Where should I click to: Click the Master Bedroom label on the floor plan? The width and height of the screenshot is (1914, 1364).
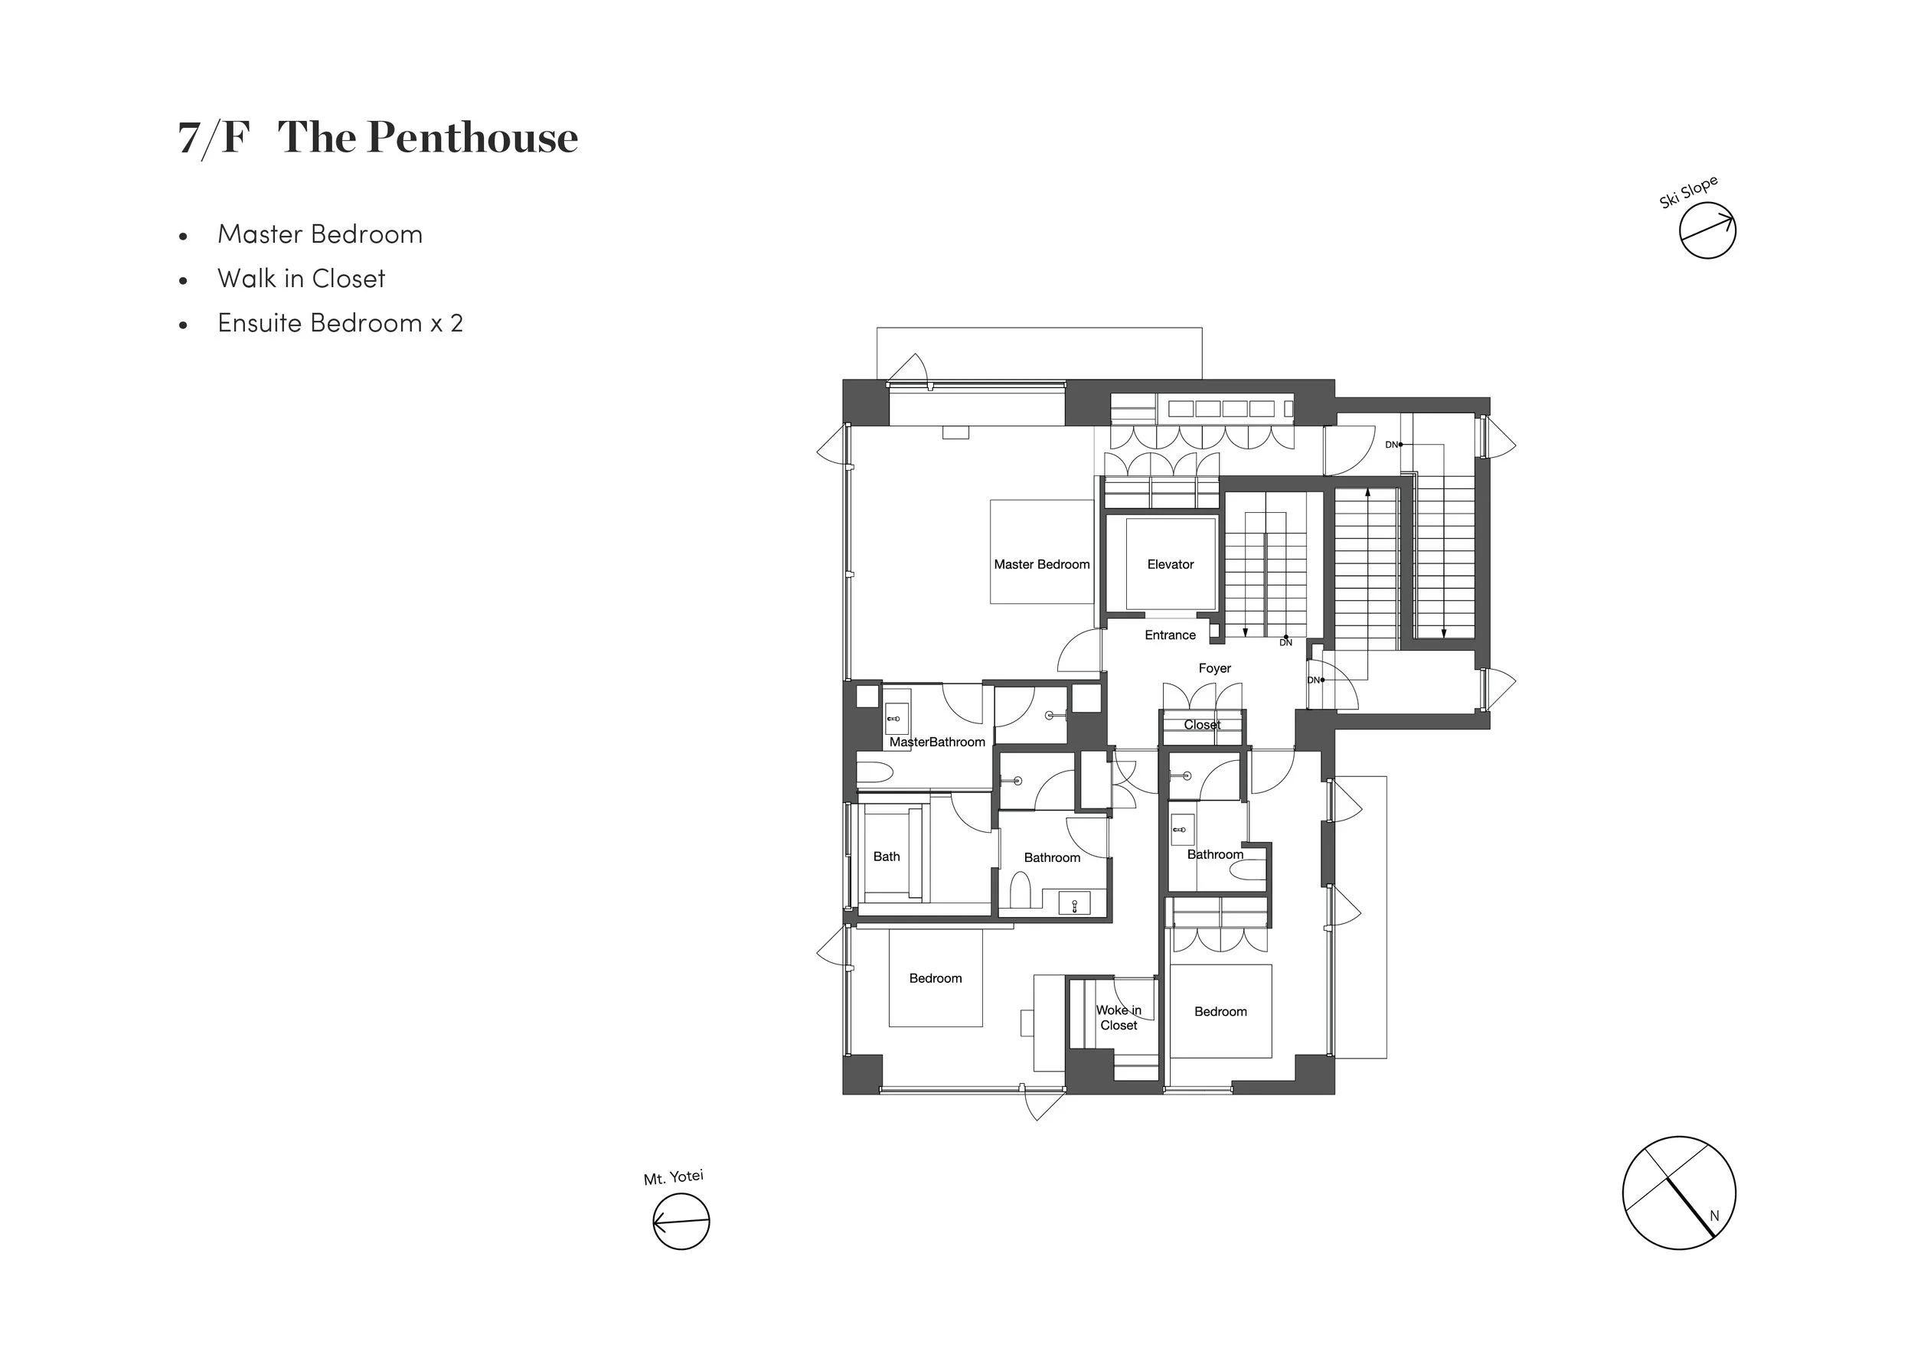pos(1041,564)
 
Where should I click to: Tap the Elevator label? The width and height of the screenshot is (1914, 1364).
pos(1170,564)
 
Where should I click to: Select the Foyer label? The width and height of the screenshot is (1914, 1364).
pos(1214,668)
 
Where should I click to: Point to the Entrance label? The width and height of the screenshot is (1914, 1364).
pos(1170,635)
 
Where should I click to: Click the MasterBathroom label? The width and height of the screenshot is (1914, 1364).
pos(937,742)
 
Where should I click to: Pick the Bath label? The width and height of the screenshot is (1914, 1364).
pos(886,857)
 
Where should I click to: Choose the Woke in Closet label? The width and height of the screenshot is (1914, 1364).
pos(1119,1018)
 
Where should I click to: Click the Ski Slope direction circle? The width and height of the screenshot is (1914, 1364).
pos(1707,230)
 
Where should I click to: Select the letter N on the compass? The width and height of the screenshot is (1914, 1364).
pos(1714,1216)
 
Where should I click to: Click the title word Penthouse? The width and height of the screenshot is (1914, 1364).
pos(473,137)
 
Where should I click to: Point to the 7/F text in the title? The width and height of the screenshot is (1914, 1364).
pos(214,137)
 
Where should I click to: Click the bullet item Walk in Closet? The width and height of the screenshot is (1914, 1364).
pos(302,279)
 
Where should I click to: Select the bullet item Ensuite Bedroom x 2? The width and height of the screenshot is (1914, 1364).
pos(340,323)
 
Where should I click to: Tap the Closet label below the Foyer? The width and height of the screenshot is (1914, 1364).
pos(1202,725)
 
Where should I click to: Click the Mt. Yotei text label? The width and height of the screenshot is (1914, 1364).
pos(674,1177)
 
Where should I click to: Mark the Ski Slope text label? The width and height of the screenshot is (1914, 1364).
pos(1688,192)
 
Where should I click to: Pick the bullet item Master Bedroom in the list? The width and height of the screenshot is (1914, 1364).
pos(320,234)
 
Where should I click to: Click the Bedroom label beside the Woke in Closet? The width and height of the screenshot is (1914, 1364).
pos(1220,1012)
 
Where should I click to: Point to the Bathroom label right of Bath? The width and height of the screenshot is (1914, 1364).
pos(1051,857)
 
